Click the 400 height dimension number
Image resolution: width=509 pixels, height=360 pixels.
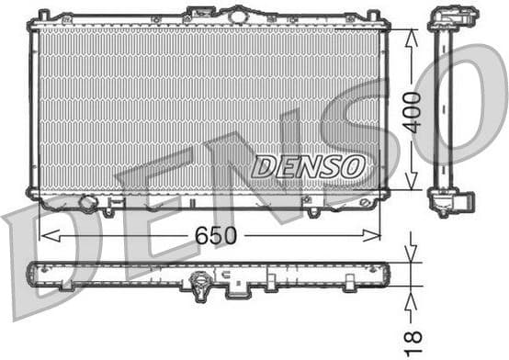[413, 112]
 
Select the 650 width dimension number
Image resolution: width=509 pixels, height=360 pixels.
[215, 236]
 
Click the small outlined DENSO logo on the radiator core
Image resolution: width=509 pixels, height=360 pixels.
[308, 166]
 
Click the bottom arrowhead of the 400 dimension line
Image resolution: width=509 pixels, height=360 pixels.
[411, 187]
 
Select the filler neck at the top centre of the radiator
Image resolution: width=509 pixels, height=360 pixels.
[238, 15]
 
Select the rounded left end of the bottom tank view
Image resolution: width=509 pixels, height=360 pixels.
[36, 271]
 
